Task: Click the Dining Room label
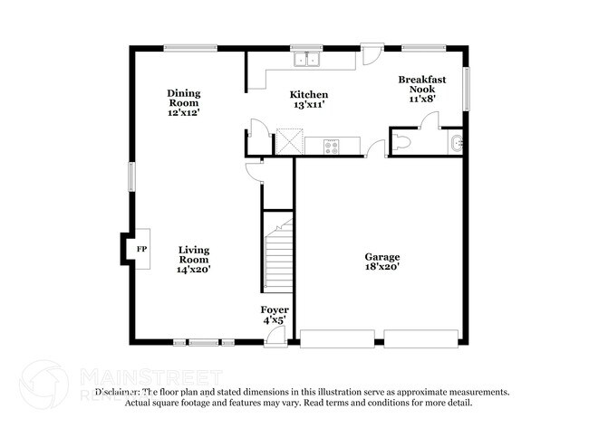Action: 183,98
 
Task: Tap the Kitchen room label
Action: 308,95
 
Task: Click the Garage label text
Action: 381,257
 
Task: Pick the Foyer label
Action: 275,310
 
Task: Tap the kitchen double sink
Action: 309,60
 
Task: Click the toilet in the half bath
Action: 401,142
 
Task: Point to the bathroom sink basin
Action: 456,142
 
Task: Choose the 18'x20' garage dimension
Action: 381,268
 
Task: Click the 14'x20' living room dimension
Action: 194,269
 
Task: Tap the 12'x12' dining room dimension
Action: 183,113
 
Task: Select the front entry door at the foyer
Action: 275,338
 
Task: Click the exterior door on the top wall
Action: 371,52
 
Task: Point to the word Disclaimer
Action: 118,392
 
